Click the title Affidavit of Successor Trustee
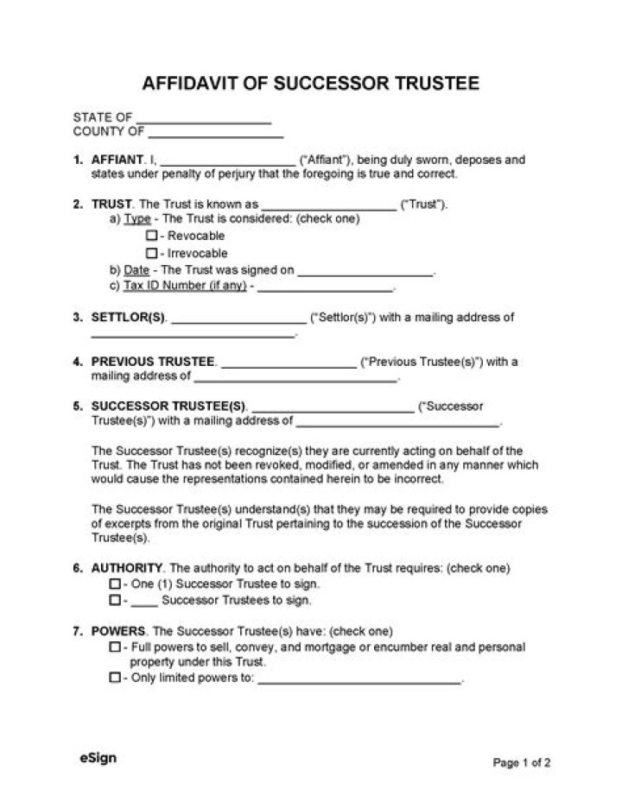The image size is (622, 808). pyautogui.click(x=310, y=84)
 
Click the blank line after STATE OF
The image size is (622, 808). pyautogui.click(x=204, y=120)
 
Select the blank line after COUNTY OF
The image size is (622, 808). pyautogui.click(x=216, y=135)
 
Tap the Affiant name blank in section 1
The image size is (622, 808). pyautogui.click(x=228, y=162)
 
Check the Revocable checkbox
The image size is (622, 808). pyautogui.click(x=151, y=236)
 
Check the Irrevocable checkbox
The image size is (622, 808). pyautogui.click(x=151, y=254)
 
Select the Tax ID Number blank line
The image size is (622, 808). pyautogui.click(x=326, y=289)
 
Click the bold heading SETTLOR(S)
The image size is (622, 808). pyautogui.click(x=129, y=318)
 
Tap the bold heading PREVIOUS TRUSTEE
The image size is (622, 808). pyautogui.click(x=153, y=362)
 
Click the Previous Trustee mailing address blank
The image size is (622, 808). pyautogui.click(x=295, y=379)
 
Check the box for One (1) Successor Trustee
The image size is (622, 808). pyautogui.click(x=115, y=584)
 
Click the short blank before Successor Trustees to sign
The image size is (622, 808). pyautogui.click(x=144, y=602)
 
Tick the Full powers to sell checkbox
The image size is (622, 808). pyautogui.click(x=115, y=647)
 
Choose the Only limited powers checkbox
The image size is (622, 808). pyautogui.click(x=115, y=679)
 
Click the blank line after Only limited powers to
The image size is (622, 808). pyautogui.click(x=359, y=681)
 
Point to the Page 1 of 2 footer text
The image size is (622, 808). pyautogui.click(x=522, y=762)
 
